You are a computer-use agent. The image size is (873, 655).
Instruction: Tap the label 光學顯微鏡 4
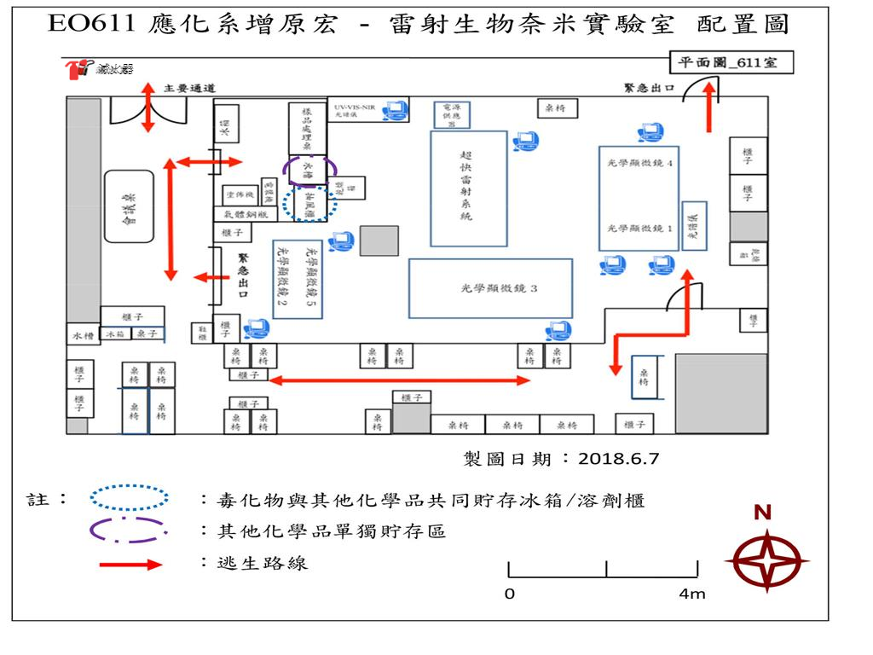tap(640, 162)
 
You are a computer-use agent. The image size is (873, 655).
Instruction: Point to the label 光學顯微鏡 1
tap(640, 229)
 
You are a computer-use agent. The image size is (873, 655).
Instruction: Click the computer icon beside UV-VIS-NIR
tap(394, 109)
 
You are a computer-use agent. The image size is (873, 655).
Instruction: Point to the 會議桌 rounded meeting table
tap(129, 206)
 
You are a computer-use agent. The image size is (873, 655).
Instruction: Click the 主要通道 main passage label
tap(189, 88)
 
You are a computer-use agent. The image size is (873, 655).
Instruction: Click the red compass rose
tap(766, 560)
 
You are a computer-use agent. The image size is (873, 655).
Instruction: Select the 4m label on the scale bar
tap(693, 594)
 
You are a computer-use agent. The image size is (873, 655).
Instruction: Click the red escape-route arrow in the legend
tap(130, 564)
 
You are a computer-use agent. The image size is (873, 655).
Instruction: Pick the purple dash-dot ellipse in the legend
tap(129, 530)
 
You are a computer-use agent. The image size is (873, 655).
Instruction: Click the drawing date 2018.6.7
tap(619, 458)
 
